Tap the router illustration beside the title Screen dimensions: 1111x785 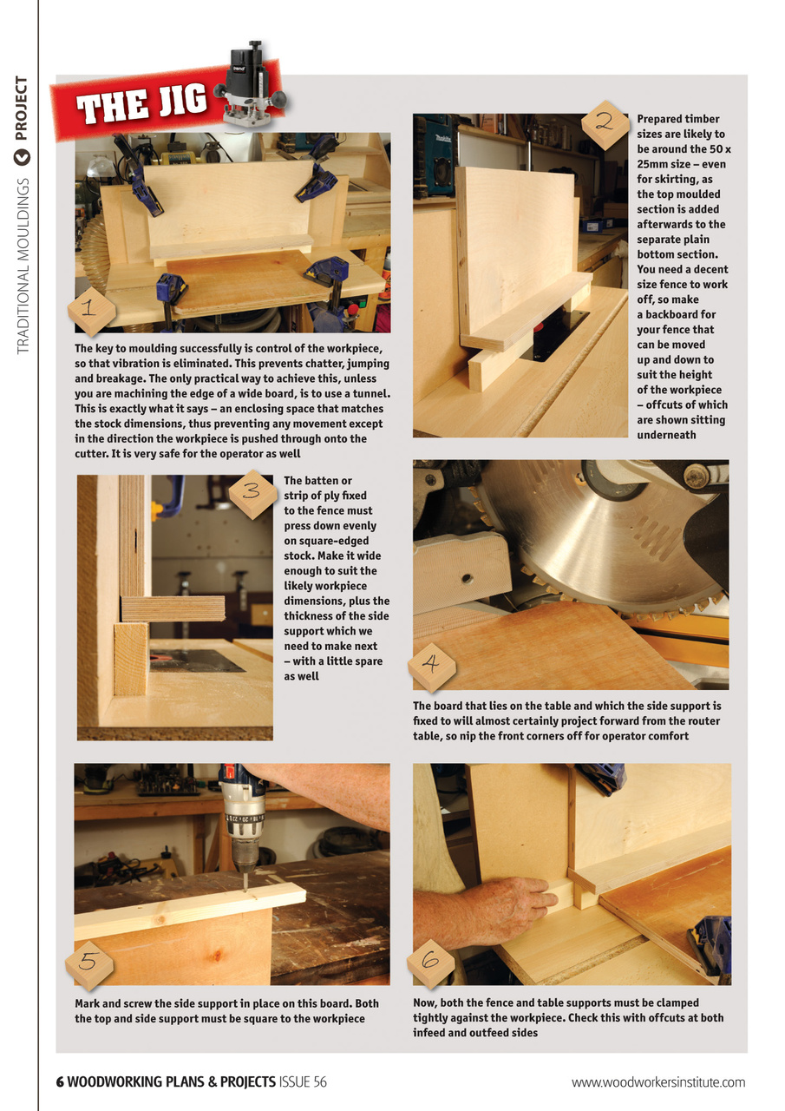click(252, 82)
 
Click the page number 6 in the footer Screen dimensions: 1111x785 click(60, 1081)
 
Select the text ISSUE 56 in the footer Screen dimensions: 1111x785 click(303, 1081)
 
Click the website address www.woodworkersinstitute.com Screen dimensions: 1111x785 click(658, 1081)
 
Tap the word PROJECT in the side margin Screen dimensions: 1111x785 click(22, 108)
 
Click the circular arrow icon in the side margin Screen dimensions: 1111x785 click(22, 157)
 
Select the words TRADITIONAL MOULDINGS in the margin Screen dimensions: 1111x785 click(22, 265)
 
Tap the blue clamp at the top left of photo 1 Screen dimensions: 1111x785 click(139, 178)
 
